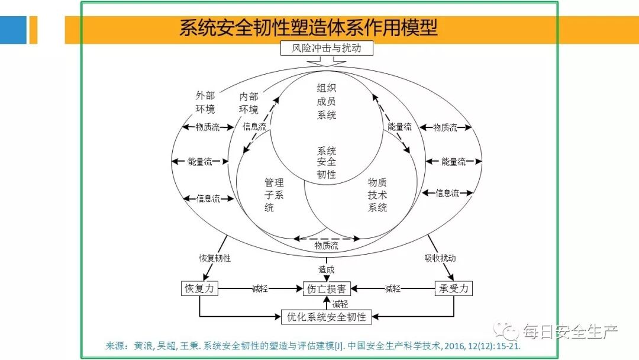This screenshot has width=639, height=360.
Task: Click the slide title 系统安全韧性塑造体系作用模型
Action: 308,28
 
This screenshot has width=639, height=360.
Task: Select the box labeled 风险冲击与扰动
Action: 327,48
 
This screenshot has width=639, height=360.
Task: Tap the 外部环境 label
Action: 205,102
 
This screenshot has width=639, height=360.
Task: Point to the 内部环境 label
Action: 248,102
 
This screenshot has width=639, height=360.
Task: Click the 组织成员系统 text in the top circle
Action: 327,101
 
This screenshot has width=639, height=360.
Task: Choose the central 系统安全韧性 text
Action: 327,162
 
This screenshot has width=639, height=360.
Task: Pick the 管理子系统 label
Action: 273,195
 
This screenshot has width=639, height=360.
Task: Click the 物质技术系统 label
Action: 377,195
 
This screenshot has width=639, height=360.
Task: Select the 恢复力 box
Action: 199,288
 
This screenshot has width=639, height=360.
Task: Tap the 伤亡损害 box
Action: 327,289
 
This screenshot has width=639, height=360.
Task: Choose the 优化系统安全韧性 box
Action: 327,316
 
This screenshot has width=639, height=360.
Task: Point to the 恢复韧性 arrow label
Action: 215,258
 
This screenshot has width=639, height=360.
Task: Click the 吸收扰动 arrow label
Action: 440,258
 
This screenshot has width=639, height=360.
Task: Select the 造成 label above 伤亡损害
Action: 327,269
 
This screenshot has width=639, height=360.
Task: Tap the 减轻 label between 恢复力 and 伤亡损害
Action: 260,289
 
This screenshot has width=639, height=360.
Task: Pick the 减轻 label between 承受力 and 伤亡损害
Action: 393,289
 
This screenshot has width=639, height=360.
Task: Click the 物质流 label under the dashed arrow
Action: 327,246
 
